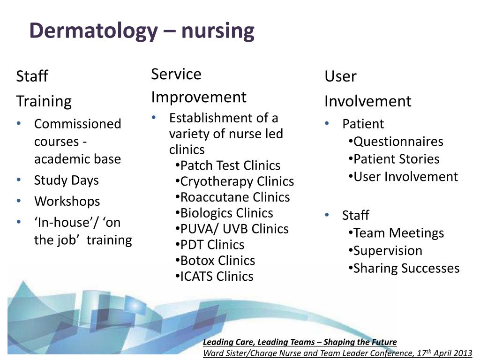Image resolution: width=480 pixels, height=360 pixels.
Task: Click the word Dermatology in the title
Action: [x=94, y=31]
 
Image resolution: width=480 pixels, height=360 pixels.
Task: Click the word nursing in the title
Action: [x=217, y=31]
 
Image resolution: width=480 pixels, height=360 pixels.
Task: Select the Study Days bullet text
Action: [x=67, y=180]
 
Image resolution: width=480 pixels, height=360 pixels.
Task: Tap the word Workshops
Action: [x=67, y=202]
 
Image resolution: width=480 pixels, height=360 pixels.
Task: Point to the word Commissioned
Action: [x=78, y=124]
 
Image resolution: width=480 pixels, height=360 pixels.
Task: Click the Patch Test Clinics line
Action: [x=228, y=165]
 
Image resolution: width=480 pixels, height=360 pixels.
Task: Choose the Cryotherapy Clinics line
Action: [x=235, y=181]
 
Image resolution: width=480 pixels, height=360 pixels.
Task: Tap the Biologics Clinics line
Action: [x=225, y=213]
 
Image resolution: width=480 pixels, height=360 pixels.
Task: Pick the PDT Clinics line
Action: [x=210, y=245]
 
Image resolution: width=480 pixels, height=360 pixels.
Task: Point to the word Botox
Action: [x=197, y=261]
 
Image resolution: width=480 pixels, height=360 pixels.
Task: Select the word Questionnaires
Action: [x=398, y=142]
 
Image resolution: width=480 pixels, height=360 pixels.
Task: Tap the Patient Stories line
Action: [x=394, y=159]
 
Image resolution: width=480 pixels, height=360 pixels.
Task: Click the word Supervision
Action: [x=388, y=251]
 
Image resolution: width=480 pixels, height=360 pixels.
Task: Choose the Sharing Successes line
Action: [x=404, y=269]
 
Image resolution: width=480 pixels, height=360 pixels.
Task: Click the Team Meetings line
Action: [x=396, y=233]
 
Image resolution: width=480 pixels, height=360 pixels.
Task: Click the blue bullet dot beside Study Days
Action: [x=19, y=180]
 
